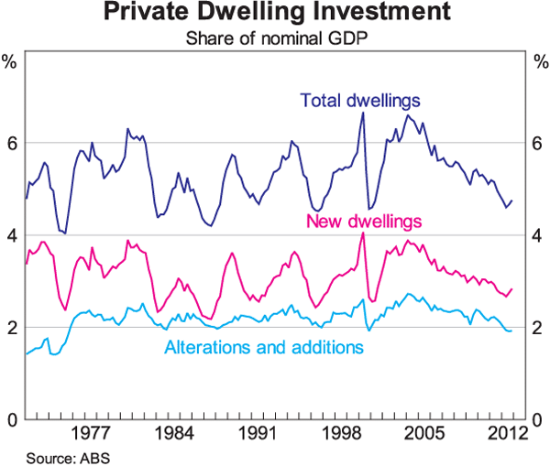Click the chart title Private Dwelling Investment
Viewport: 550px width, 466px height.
click(x=276, y=14)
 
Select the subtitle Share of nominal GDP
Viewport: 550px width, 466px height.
click(x=275, y=38)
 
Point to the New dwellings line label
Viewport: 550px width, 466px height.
click(x=364, y=222)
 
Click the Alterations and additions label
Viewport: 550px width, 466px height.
click(x=264, y=347)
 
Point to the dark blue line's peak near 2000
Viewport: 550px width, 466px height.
click(x=363, y=113)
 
